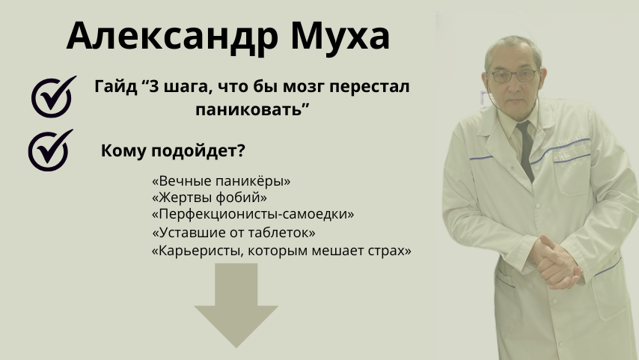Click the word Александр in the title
pos(172,37)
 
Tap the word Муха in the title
pos(340,37)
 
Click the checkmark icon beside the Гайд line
pos(53,97)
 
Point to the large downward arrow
pos(236,305)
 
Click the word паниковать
pos(252,109)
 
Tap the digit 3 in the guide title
pos(153,86)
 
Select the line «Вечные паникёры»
pos(221,180)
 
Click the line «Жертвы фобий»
pos(209,198)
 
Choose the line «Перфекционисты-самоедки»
pos(253,214)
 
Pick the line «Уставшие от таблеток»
pos(233,232)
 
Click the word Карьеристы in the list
pos(199,250)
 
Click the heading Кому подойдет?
pos(173,150)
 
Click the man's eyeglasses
pos(514,76)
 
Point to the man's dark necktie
pos(527,150)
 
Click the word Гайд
pos(116,86)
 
